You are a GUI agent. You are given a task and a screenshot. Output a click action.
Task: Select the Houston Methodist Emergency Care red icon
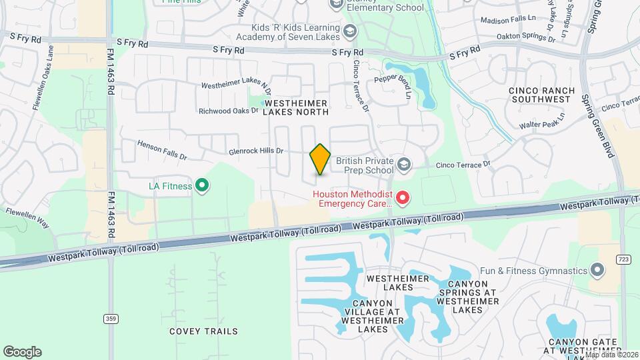pyautogui.click(x=402, y=197)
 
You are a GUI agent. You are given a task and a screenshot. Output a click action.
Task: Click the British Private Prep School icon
pyautogui.click(x=403, y=164)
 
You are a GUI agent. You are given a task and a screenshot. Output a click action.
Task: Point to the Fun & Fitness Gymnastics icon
pyautogui.click(x=597, y=271)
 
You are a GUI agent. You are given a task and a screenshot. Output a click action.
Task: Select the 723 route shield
pyautogui.click(x=623, y=259)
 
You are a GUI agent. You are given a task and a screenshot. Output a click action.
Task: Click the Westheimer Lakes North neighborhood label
pyautogui.click(x=295, y=107)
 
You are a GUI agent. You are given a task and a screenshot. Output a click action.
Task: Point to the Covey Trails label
pyautogui.click(x=203, y=331)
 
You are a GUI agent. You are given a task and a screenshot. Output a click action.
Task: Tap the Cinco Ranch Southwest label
pyautogui.click(x=539, y=94)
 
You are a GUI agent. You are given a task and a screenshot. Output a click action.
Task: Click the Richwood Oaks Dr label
pyautogui.click(x=228, y=111)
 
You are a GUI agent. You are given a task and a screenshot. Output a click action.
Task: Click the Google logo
pyautogui.click(x=22, y=351)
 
